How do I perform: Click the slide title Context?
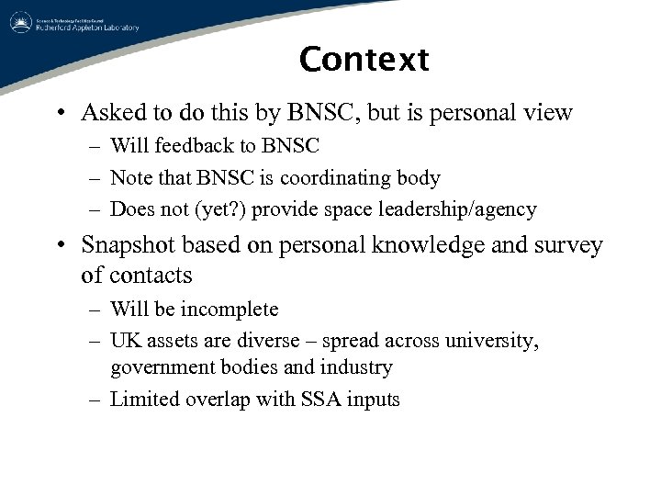(364, 60)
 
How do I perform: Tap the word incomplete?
(225, 309)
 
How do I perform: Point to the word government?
(162, 367)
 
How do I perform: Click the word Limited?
(145, 400)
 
